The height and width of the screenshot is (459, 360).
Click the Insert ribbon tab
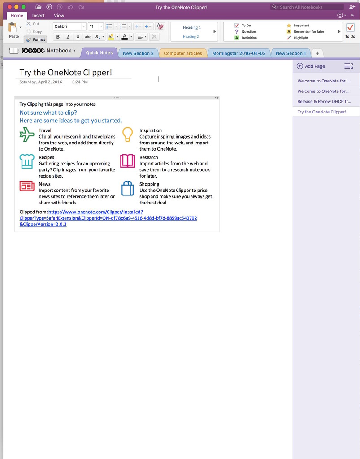pyautogui.click(x=38, y=16)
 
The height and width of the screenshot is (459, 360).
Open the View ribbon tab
pyautogui.click(x=59, y=16)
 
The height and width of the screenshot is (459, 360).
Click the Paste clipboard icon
pyautogui.click(x=13, y=28)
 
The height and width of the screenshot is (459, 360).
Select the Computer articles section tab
pyautogui.click(x=182, y=53)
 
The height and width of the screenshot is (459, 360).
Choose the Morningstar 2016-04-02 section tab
pyautogui.click(x=239, y=53)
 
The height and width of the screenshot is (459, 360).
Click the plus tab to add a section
pyautogui.click(x=317, y=53)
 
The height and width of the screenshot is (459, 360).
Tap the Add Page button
pyautogui.click(x=311, y=66)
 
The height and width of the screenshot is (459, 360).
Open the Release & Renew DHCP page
pyautogui.click(x=324, y=102)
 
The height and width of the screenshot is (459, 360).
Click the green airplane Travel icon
pyautogui.click(x=27, y=134)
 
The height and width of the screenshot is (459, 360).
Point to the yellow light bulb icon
pyautogui.click(x=128, y=134)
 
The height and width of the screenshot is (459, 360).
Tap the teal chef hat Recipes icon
pyautogui.click(x=27, y=161)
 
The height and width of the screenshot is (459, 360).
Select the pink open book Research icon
pyautogui.click(x=128, y=161)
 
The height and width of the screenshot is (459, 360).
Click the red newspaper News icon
pyautogui.click(x=27, y=186)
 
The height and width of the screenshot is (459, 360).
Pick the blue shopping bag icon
pyautogui.click(x=128, y=188)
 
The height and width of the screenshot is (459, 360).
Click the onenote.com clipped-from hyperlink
pyautogui.click(x=95, y=212)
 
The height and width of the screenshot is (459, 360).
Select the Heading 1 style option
pyautogui.click(x=191, y=27)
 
